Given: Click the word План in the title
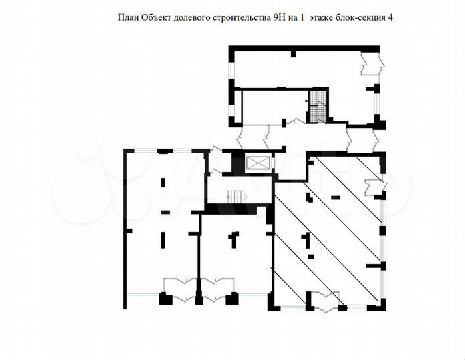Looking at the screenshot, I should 129,18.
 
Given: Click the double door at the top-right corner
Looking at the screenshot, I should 370,64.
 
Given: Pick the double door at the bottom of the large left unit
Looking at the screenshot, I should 180,287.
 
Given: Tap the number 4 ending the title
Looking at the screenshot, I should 390,18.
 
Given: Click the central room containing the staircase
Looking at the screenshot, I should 238,190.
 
